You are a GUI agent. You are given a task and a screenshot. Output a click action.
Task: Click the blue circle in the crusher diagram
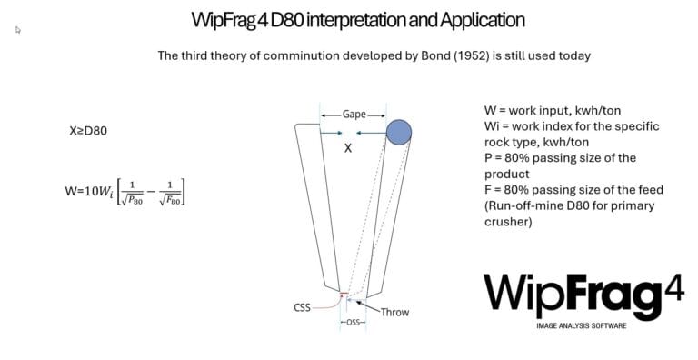(398, 133)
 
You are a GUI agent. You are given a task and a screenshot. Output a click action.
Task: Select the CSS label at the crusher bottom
(302, 308)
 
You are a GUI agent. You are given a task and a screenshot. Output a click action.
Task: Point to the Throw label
(394, 312)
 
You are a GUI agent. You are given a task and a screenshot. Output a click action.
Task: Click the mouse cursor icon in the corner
(18, 29)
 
